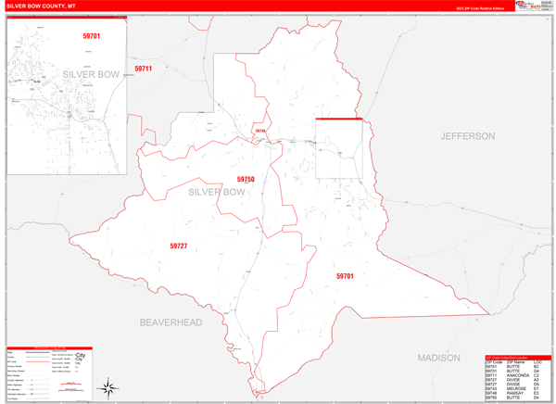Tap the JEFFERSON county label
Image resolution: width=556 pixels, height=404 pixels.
[x=468, y=136]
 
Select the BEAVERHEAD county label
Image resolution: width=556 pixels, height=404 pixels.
[x=171, y=322]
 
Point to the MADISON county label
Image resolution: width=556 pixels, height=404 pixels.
[x=438, y=358]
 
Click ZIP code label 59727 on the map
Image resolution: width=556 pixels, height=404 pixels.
[x=179, y=246]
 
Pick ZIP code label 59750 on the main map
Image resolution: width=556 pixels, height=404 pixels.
[x=246, y=179]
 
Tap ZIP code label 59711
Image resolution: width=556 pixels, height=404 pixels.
[x=143, y=69]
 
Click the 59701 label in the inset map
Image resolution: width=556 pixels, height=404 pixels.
[x=90, y=36]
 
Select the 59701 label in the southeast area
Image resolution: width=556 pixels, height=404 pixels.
[x=345, y=276]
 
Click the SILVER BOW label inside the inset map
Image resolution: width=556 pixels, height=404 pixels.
[x=92, y=73]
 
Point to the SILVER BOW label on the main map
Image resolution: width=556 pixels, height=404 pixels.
[x=217, y=192]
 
